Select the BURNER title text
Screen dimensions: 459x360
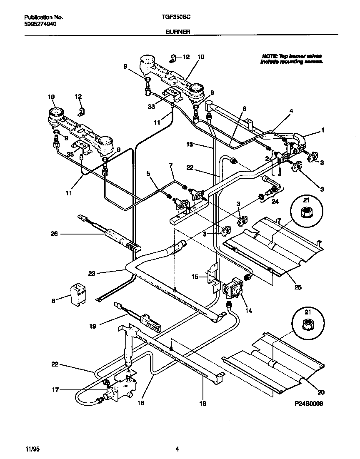click(x=177, y=31)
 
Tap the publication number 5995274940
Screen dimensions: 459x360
click(x=40, y=24)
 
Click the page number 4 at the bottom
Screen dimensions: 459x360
click(x=177, y=449)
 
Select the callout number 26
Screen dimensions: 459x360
click(x=54, y=234)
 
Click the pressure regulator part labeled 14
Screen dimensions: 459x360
click(x=233, y=289)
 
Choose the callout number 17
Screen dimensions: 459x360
click(x=54, y=390)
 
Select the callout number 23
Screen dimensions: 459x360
click(x=92, y=274)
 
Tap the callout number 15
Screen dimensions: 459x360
click(x=194, y=276)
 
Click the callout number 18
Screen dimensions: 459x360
click(x=203, y=404)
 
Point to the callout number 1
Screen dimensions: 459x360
click(x=322, y=130)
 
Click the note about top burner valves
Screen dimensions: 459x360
click(x=291, y=58)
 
